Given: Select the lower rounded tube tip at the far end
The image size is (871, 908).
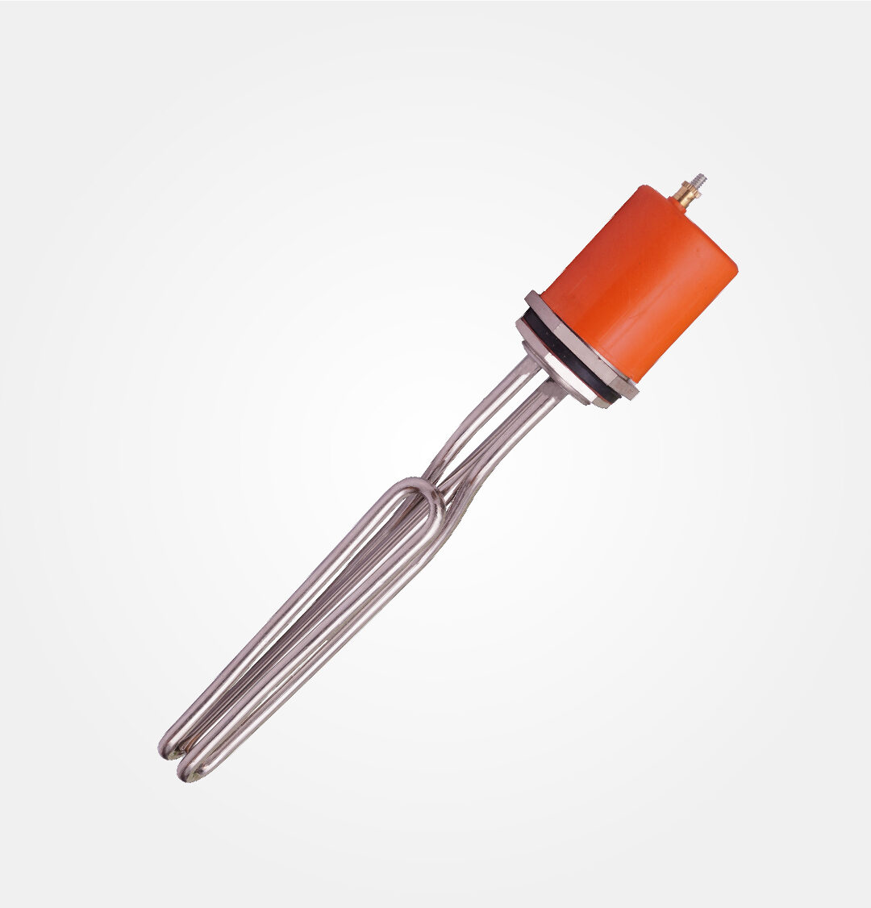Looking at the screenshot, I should pos(190,771).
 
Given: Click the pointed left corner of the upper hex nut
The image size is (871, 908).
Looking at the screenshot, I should pos(528,297).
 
